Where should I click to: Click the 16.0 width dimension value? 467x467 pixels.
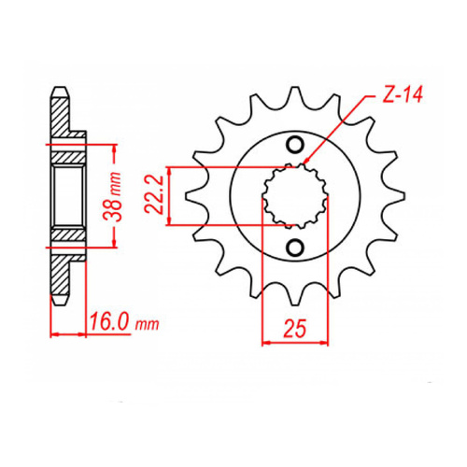[x=111, y=327]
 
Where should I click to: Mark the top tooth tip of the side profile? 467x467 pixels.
[x=61, y=92]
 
